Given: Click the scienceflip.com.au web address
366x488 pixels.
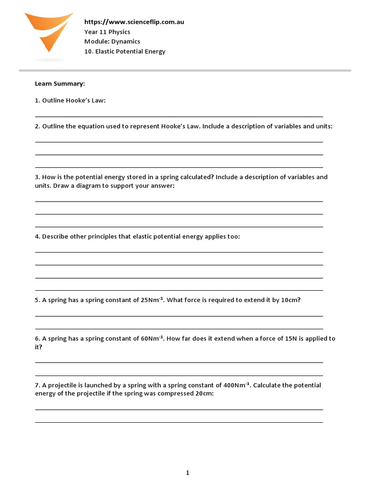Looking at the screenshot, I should click(134, 22).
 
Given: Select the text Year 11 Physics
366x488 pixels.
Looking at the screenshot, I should click(108, 32).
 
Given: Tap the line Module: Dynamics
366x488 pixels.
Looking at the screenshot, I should click(112, 41).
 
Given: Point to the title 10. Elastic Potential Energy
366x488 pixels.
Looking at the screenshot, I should click(125, 51).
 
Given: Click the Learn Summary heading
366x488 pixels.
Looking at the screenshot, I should click(60, 84).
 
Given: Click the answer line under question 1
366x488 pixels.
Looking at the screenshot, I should click(179, 116).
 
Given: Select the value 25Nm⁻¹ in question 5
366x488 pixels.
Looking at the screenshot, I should click(152, 300).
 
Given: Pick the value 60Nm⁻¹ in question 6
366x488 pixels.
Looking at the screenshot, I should click(152, 338).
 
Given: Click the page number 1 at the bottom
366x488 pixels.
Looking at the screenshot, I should click(187, 473).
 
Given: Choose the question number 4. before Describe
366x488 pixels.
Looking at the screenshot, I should click(37, 236).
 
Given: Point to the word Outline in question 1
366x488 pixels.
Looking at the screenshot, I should click(53, 101).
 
